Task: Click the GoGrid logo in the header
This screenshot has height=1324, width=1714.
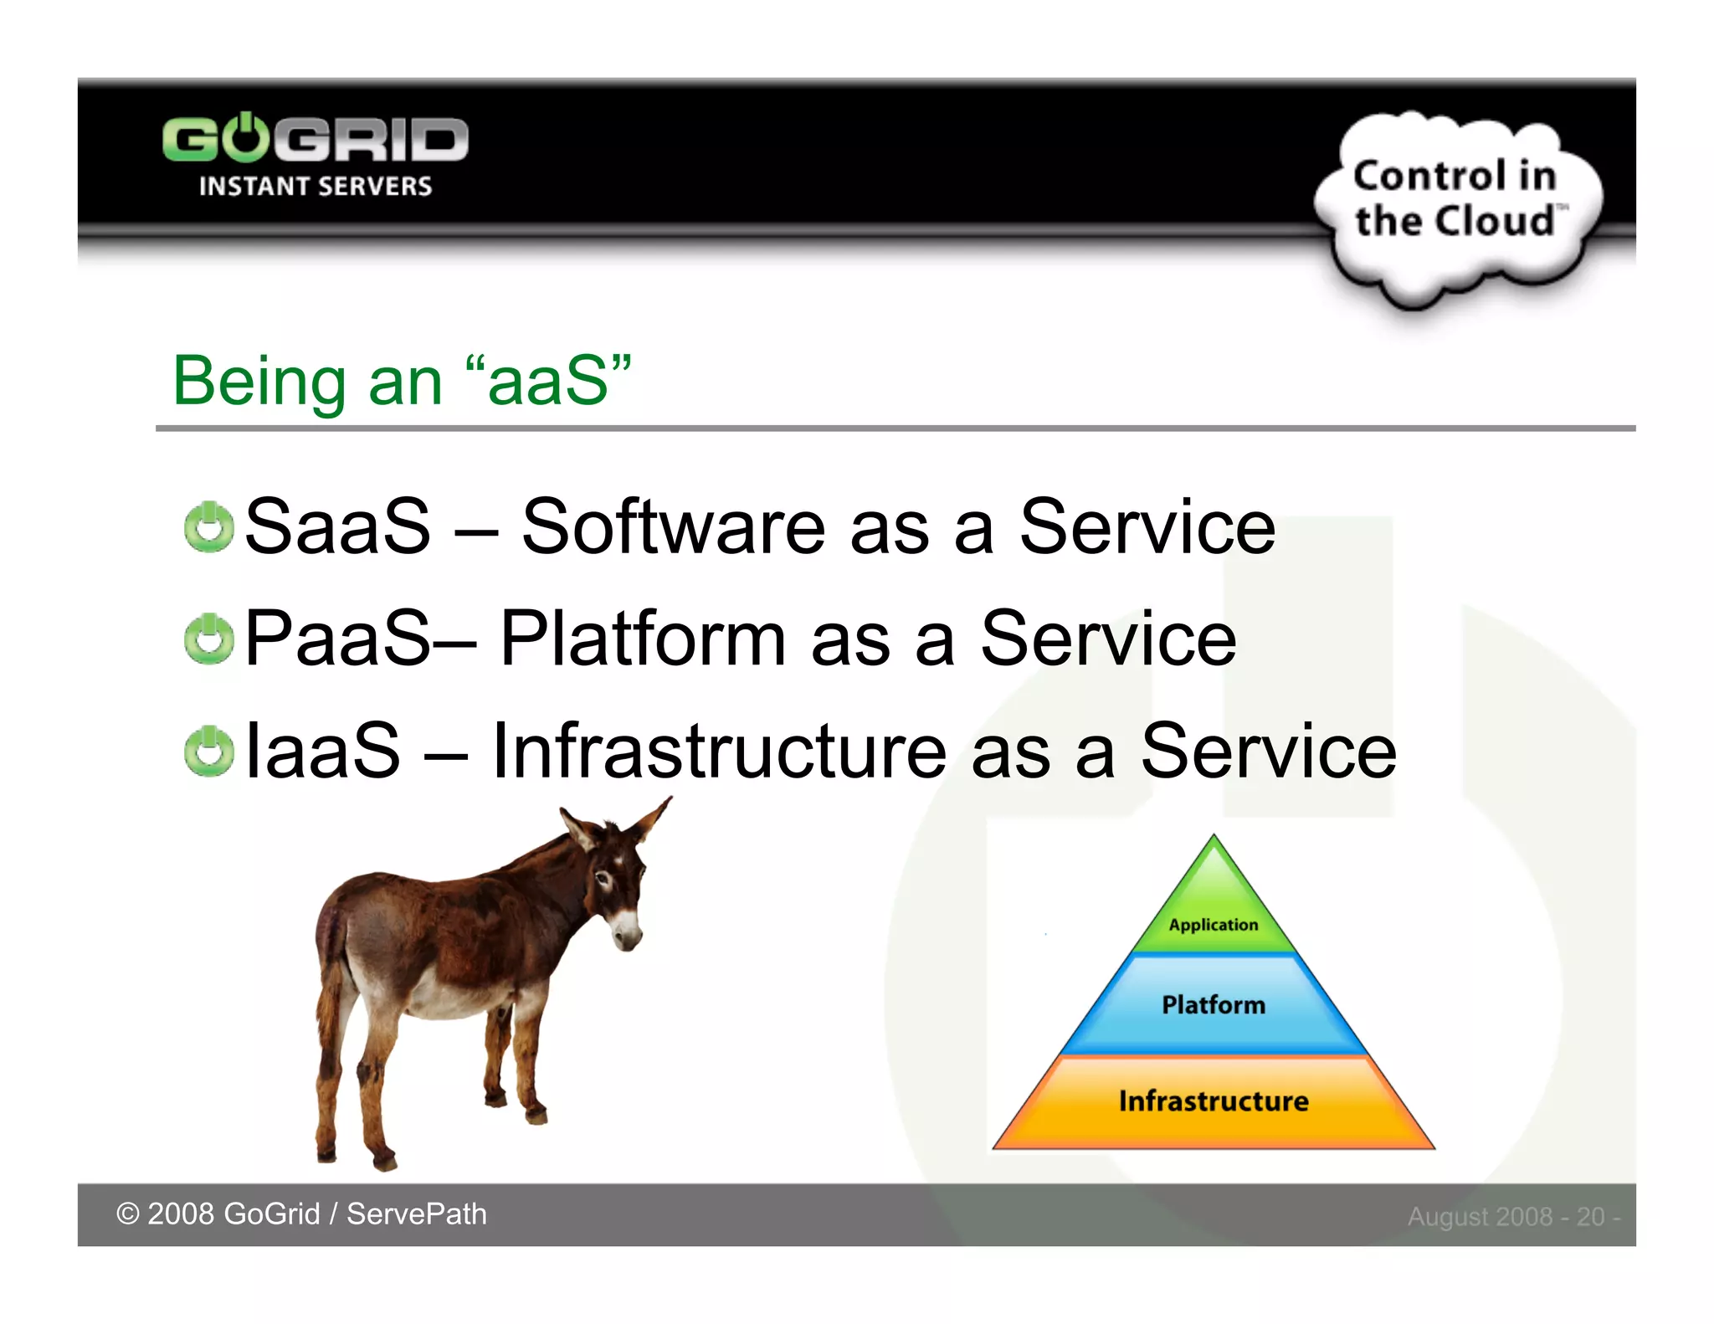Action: (315, 139)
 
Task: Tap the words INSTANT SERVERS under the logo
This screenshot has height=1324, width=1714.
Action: (315, 186)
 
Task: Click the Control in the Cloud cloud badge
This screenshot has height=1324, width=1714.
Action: (1456, 201)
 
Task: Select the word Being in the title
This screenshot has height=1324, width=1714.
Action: (258, 382)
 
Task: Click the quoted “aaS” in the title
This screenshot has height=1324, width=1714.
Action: (548, 381)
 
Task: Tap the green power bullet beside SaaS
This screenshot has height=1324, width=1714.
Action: (208, 528)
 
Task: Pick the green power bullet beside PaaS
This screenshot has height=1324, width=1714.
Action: (208, 639)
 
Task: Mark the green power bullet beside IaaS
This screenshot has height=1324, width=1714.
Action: (208, 751)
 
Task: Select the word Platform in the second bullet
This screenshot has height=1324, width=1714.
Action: (642, 639)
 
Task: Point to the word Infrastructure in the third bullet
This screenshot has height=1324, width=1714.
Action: (719, 751)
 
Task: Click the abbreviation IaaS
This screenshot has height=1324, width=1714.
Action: (322, 751)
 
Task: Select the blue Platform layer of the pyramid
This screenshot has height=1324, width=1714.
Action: (1214, 1004)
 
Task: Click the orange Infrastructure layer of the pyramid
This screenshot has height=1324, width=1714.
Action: (1214, 1101)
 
